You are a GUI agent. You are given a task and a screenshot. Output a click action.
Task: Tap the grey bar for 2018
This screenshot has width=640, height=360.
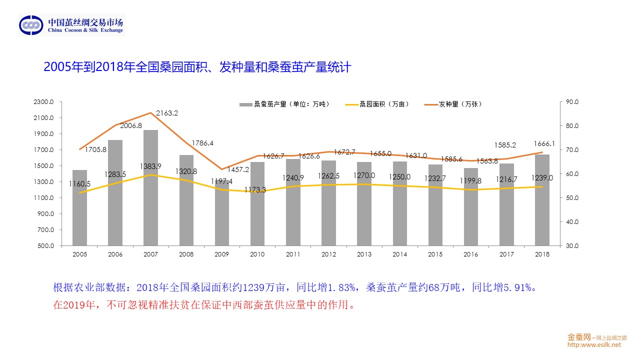[542, 200]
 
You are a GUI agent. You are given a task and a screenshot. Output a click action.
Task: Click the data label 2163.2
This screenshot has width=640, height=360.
[167, 113]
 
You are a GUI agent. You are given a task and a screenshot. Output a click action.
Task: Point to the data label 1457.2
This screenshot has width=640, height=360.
[238, 169]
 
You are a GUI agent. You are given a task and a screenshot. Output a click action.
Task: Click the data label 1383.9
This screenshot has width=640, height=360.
[150, 166]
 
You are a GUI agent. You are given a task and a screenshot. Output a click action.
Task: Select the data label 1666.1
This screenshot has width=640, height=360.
[544, 143]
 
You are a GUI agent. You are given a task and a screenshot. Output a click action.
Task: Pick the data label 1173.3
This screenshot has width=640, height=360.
[255, 190]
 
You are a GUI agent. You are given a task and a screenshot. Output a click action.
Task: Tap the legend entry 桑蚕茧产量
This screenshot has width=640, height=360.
[285, 104]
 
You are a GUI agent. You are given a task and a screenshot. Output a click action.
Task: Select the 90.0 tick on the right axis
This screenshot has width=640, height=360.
[572, 102]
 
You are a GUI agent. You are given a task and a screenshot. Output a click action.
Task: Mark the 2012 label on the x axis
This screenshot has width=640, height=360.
[328, 254]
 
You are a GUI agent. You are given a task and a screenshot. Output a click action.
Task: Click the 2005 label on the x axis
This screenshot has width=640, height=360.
[79, 254]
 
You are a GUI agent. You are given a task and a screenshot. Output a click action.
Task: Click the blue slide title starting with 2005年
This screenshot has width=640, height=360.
[197, 67]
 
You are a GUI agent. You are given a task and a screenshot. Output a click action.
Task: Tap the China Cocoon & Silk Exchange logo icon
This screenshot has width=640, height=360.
[31, 25]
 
